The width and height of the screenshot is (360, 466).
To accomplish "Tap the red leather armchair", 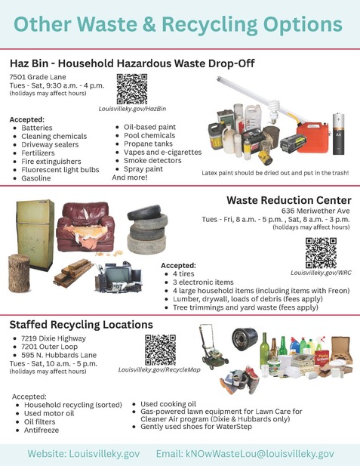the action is click(85, 227).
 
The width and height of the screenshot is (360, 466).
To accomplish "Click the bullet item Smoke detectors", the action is click(157, 160).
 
